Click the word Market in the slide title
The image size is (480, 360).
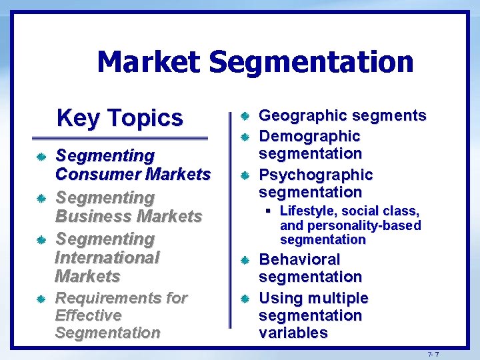click(148, 62)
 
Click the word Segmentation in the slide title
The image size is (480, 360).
click(311, 62)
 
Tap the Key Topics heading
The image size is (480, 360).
click(120, 117)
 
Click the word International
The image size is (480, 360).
click(107, 257)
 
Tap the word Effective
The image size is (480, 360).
click(88, 315)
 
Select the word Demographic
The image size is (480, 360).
click(309, 136)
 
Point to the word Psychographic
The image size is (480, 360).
click(315, 175)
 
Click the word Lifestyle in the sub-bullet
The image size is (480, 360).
click(307, 211)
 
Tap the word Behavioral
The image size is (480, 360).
click(299, 259)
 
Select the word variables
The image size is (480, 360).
click(293, 333)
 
